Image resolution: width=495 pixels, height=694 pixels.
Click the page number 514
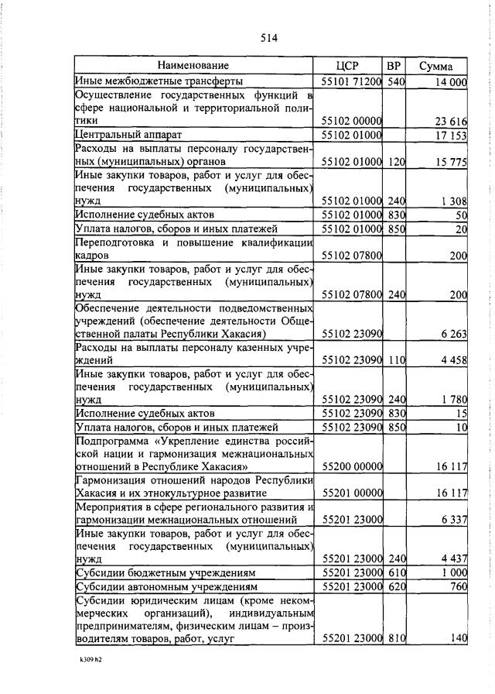pyautogui.click(x=269, y=38)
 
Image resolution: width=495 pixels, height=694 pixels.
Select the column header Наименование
pyautogui.click(x=193, y=67)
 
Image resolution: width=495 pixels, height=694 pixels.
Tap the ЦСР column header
pyautogui.click(x=350, y=67)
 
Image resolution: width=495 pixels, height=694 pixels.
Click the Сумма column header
pyautogui.click(x=436, y=67)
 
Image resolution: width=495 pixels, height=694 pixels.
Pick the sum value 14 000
pyautogui.click(x=450, y=81)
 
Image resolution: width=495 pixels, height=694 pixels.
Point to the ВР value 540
pyautogui.click(x=396, y=81)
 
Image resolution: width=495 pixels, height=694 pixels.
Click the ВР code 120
pyautogui.click(x=396, y=162)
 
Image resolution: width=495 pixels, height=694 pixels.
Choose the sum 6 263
pyautogui.click(x=452, y=334)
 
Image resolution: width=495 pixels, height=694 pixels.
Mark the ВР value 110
pyautogui.click(x=396, y=360)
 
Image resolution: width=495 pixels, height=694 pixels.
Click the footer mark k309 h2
pyautogui.click(x=90, y=661)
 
